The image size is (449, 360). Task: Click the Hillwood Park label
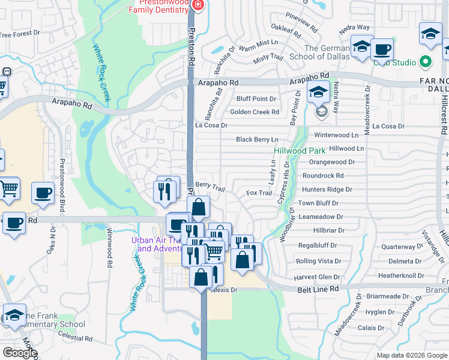(295, 151)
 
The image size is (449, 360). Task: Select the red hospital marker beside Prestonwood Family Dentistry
(199, 5)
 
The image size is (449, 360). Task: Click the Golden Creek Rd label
(255, 112)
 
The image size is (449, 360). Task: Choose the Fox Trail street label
(259, 193)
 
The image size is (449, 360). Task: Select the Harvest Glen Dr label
(317, 277)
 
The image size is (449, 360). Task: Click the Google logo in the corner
(19, 353)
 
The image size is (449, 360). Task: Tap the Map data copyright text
(411, 355)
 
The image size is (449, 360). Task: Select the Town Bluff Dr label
(319, 203)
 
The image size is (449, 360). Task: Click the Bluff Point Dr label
(256, 98)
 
